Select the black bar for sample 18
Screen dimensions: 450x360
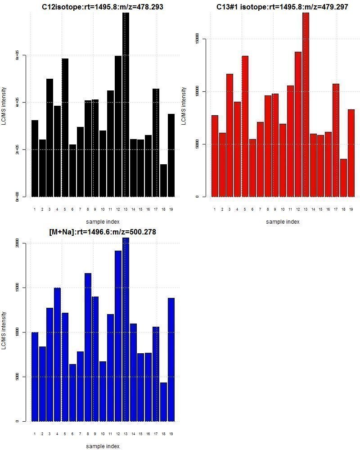163,180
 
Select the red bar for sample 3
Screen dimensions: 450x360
229,135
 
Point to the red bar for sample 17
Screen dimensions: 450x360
336,140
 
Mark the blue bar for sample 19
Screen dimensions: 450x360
171,360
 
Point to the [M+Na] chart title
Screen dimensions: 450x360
103,232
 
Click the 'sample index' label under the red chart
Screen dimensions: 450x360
283,221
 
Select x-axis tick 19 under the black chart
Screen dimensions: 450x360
171,209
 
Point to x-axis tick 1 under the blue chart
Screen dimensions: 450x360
35,434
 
